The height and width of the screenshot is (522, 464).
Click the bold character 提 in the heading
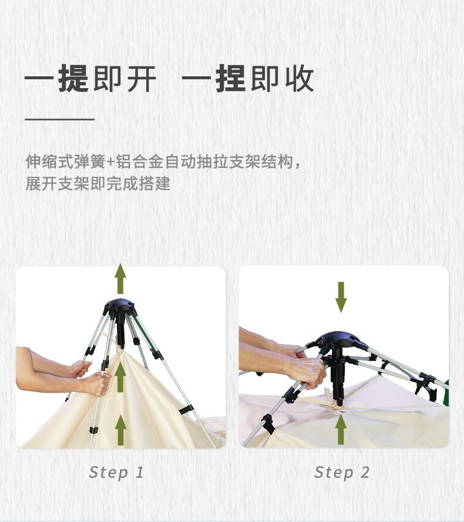point(73,79)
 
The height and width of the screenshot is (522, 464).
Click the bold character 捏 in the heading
point(230,79)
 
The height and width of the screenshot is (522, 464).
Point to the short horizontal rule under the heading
point(59,119)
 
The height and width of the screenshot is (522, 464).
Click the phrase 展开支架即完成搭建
point(97,183)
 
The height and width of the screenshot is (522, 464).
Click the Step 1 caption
point(116,472)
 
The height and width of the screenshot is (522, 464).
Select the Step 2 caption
point(342,472)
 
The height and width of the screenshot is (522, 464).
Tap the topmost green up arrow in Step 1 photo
point(120,278)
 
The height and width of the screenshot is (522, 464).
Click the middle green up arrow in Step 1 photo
point(120,376)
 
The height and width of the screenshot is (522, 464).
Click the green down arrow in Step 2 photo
point(341,297)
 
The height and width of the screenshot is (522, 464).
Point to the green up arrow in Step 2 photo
point(341,429)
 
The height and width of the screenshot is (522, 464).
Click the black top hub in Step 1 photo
point(120,307)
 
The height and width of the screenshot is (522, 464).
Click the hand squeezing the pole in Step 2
point(307,371)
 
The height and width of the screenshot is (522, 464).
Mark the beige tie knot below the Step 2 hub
point(336,405)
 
